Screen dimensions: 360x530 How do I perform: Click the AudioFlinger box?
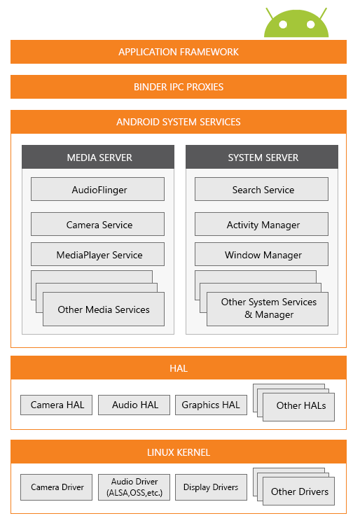(x=97, y=189)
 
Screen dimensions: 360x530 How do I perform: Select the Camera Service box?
(x=97, y=224)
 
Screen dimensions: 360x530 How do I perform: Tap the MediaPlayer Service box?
(x=97, y=254)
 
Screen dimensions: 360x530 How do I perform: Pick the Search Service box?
(x=261, y=189)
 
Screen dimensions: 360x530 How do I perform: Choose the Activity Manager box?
(x=261, y=224)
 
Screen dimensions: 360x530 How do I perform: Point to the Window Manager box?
(x=261, y=254)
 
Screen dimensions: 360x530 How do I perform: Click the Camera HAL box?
(x=56, y=405)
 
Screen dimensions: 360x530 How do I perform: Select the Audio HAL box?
(x=134, y=405)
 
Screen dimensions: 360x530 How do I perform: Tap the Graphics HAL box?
(x=211, y=405)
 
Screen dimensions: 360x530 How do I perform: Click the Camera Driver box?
(x=56, y=487)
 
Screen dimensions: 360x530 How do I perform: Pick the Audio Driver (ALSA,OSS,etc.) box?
(x=134, y=487)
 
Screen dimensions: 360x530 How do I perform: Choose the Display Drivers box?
(x=211, y=487)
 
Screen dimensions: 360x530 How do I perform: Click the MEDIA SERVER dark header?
(x=98, y=157)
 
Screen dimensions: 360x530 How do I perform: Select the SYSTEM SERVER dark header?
(x=262, y=157)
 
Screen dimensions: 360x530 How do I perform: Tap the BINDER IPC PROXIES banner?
(x=179, y=87)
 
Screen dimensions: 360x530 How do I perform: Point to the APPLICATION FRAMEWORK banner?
(x=179, y=52)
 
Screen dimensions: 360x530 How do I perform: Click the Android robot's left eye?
(x=283, y=25)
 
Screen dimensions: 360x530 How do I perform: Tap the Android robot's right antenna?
(x=324, y=13)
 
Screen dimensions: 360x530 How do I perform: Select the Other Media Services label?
(x=104, y=309)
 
